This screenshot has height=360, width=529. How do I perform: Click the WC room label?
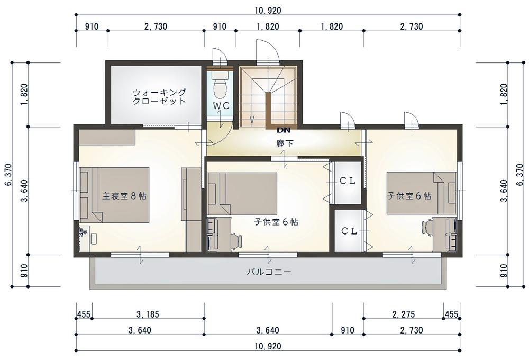click(221, 105)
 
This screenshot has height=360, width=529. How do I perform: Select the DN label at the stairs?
click(284, 130)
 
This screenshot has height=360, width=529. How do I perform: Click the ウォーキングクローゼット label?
click(159, 96)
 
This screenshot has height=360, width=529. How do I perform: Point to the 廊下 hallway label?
click(285, 143)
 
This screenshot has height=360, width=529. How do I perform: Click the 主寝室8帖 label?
click(124, 195)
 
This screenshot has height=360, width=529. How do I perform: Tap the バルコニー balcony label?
click(269, 272)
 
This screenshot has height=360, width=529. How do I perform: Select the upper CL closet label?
click(347, 181)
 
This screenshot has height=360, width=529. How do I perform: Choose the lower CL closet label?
click(349, 231)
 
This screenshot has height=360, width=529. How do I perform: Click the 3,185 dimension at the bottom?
click(148, 314)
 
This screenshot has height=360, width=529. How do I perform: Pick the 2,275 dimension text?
click(404, 314)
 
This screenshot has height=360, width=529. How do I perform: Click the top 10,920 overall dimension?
click(268, 11)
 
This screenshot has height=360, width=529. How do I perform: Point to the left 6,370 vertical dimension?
click(8, 175)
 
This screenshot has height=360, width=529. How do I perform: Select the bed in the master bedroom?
click(114, 195)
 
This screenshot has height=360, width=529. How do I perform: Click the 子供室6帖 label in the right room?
click(409, 195)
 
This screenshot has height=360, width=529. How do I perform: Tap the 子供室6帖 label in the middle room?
click(276, 222)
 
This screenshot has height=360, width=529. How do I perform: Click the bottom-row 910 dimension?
click(348, 330)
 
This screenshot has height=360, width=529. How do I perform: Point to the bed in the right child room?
click(422, 193)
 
